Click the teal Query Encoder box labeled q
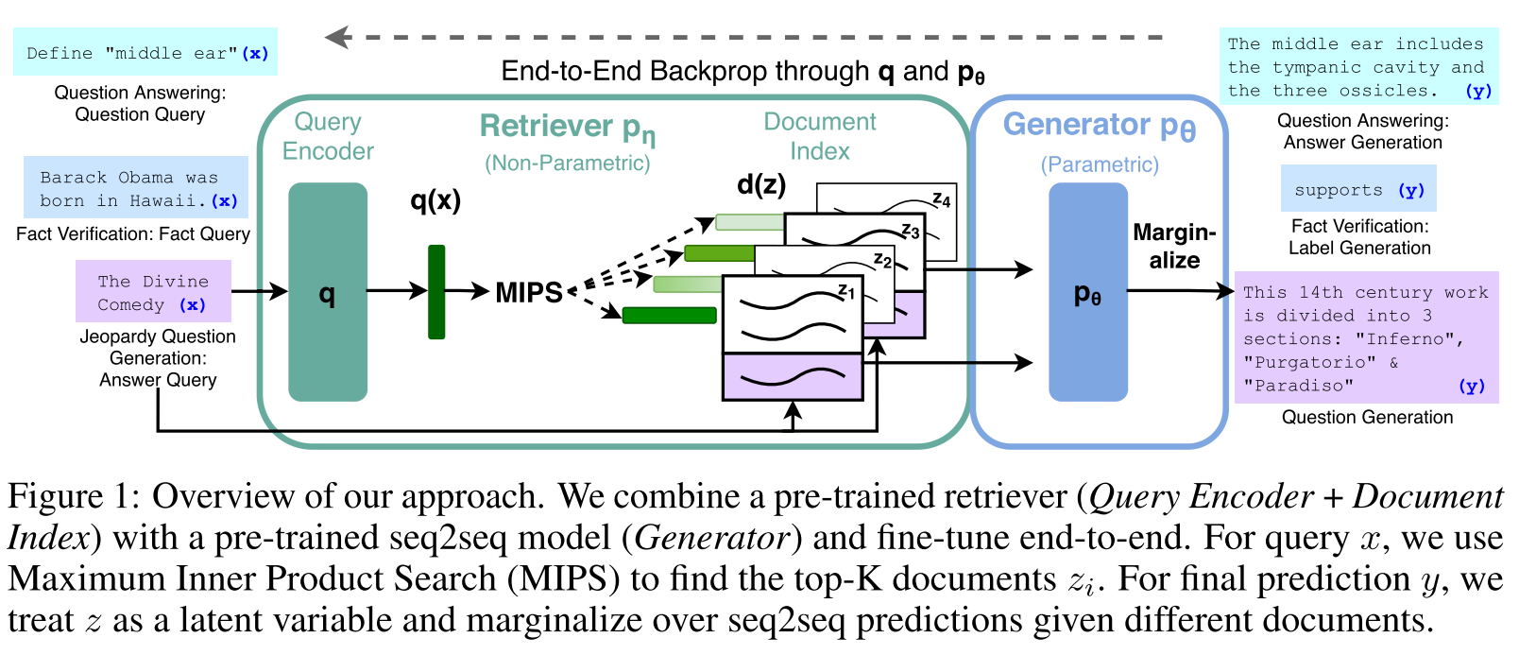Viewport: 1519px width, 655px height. (x=327, y=292)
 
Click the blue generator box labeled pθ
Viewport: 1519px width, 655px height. (x=1087, y=292)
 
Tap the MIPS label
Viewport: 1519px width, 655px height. (x=528, y=292)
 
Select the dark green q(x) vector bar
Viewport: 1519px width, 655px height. (x=436, y=292)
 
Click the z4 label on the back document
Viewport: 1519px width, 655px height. (x=941, y=199)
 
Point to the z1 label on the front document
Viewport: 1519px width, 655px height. (x=845, y=291)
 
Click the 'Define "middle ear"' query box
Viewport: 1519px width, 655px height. (x=145, y=53)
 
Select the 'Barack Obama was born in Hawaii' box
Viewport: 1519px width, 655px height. (x=136, y=188)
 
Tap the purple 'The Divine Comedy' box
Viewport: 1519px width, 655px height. (x=153, y=292)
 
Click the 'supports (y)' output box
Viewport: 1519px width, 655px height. (x=1358, y=189)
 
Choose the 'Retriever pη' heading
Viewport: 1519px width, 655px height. (x=567, y=127)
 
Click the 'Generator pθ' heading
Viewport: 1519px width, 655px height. (x=1099, y=126)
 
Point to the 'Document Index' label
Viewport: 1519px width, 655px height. (x=819, y=136)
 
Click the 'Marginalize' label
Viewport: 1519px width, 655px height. (x=1174, y=246)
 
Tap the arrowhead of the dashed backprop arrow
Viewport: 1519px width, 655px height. (x=335, y=38)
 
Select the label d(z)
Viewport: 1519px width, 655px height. (x=760, y=184)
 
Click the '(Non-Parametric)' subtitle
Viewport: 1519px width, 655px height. (x=567, y=163)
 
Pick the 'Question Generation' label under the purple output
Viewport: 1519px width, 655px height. (x=1366, y=417)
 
